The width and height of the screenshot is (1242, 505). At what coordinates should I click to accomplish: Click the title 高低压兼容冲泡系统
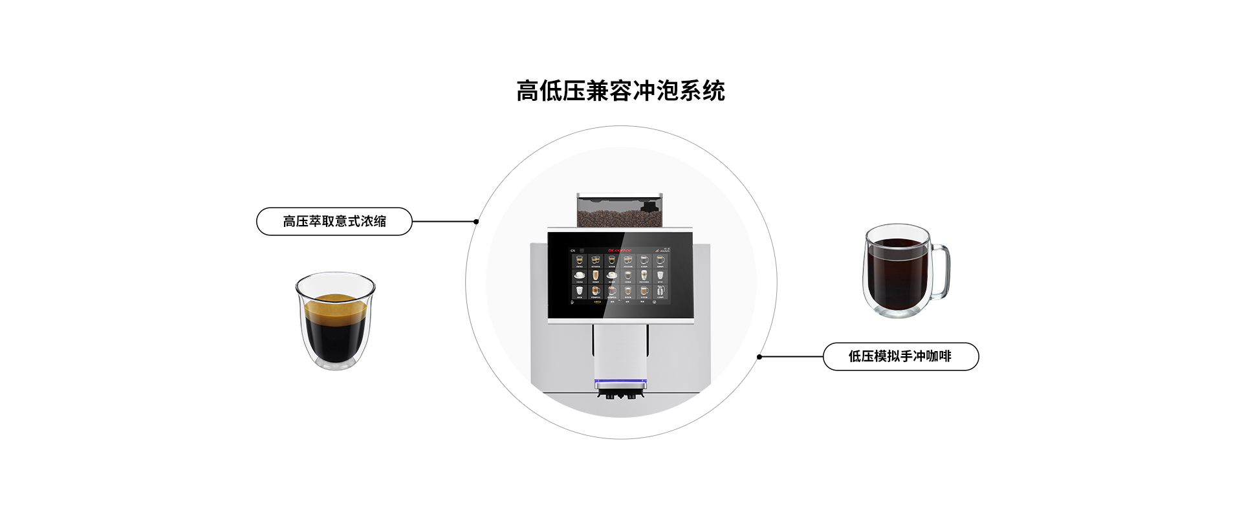(x=620, y=91)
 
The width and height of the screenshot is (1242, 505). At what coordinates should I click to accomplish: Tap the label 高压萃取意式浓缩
(x=334, y=221)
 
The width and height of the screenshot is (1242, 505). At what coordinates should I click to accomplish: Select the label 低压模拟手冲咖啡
(x=900, y=356)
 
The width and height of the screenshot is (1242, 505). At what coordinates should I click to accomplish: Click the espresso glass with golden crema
(x=335, y=321)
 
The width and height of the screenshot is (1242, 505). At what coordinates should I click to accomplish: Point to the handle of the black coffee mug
(x=941, y=272)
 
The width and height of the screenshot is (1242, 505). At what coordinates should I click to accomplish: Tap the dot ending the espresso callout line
(x=476, y=221)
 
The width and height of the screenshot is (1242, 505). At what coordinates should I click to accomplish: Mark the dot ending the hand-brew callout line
(x=759, y=356)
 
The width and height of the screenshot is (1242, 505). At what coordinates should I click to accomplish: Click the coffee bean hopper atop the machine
(x=619, y=211)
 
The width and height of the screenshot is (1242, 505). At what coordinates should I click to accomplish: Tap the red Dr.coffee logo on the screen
(x=619, y=250)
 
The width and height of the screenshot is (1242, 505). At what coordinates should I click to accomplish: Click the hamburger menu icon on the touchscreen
(x=582, y=250)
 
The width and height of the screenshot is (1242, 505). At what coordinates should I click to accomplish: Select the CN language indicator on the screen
(x=572, y=250)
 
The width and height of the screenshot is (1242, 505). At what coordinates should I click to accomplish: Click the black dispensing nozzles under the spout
(x=620, y=394)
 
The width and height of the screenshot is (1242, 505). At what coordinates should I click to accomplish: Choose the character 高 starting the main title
(x=527, y=91)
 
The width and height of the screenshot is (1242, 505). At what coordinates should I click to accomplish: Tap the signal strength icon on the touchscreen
(x=657, y=249)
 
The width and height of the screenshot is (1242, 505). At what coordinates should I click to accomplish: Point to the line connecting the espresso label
(x=444, y=221)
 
